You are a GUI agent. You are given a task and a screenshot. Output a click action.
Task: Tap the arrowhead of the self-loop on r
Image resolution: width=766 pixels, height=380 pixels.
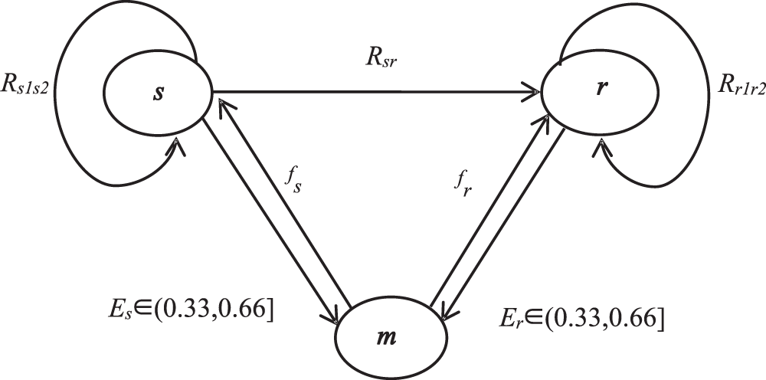tap(603, 145)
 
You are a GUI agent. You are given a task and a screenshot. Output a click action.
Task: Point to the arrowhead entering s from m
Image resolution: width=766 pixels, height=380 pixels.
tap(218, 103)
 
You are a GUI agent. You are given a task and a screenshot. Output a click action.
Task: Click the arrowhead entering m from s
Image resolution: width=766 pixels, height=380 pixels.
tap(334, 316)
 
